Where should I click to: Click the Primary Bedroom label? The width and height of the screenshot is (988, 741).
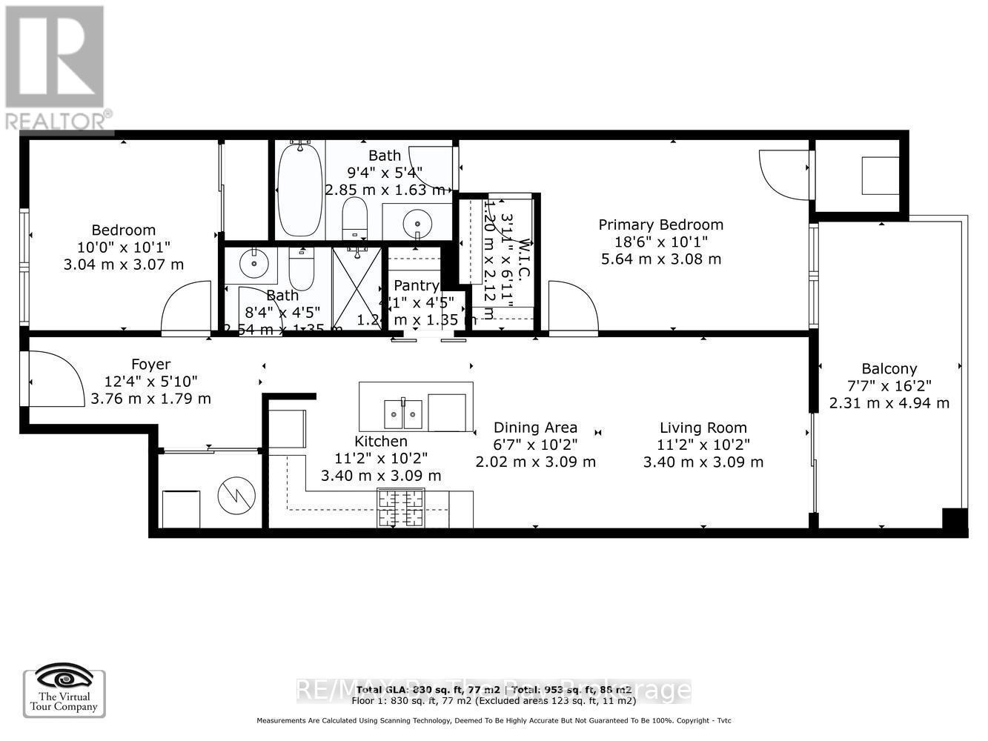660,225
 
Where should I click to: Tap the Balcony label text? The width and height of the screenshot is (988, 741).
889,368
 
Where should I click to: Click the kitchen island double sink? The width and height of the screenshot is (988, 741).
402,414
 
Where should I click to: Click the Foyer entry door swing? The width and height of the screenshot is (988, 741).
56,379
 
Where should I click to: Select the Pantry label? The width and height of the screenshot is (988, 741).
416,285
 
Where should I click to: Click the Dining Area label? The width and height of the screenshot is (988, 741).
535,428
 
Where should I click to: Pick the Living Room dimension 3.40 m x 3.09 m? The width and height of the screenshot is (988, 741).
703,462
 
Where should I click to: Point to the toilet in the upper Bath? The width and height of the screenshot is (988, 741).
355,217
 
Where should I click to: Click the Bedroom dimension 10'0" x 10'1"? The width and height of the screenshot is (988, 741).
123,247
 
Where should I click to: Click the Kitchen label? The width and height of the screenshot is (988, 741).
380,441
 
